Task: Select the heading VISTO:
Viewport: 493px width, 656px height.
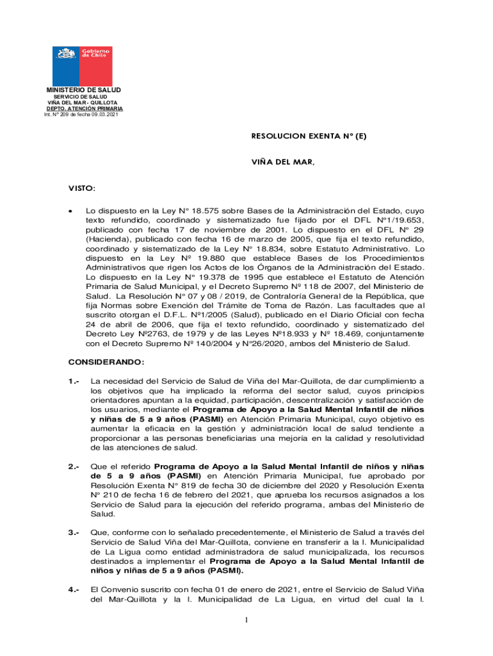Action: click(82, 188)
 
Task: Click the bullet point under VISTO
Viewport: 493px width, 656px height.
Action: click(72, 210)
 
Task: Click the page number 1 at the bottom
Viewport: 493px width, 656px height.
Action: click(247, 619)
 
